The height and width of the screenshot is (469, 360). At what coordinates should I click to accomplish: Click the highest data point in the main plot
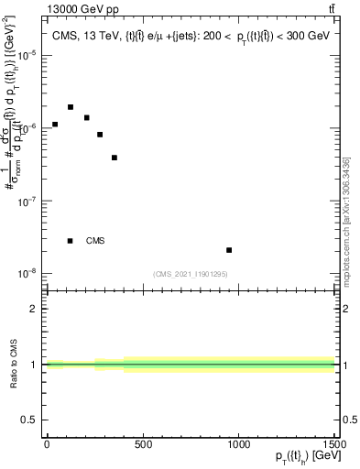coord(71,107)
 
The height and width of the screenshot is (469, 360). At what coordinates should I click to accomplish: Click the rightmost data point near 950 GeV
coord(229,250)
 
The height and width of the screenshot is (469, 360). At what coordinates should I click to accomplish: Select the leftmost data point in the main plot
coord(55,125)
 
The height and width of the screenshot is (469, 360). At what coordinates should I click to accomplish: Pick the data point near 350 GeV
coord(115,158)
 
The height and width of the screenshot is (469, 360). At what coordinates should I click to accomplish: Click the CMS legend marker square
coord(71,241)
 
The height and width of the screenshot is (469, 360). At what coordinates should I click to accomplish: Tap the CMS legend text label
coord(95,241)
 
